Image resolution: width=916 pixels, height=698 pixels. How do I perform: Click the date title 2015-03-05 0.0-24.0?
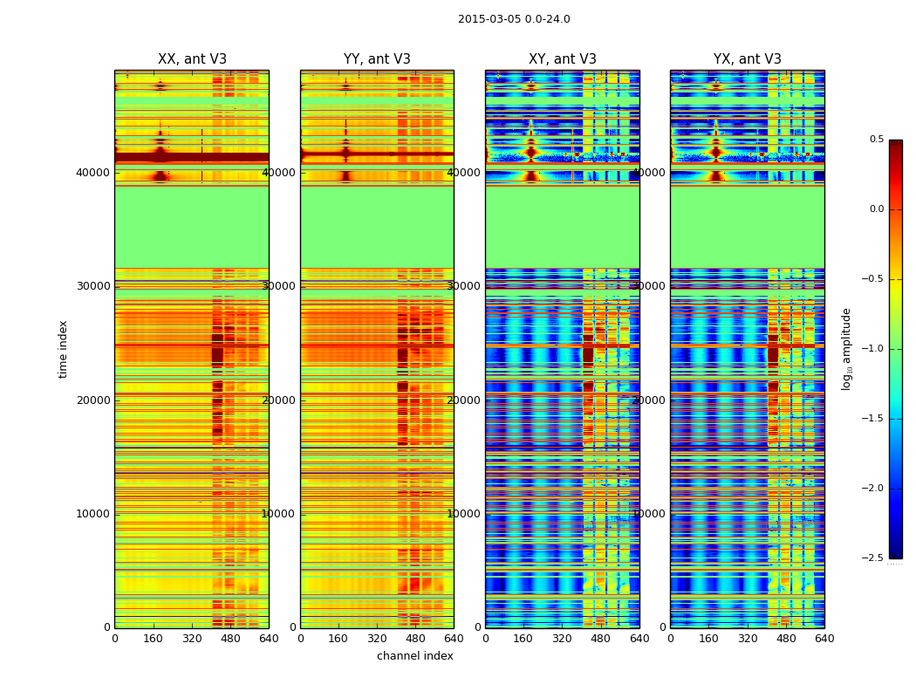(x=514, y=19)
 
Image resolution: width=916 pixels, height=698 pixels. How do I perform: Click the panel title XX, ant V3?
(x=192, y=59)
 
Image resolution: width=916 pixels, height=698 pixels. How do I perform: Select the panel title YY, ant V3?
(x=377, y=59)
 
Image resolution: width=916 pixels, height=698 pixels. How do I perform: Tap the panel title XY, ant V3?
(x=563, y=59)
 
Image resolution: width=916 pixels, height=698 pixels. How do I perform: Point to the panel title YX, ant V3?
(x=748, y=59)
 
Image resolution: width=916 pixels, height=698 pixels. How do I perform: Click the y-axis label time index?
(x=63, y=348)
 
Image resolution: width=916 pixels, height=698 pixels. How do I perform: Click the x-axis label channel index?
(x=414, y=656)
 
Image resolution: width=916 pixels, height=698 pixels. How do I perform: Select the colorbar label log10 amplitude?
(x=846, y=348)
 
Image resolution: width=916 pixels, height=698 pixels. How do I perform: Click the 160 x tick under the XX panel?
(x=154, y=639)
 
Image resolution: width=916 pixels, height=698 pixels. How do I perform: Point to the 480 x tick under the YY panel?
(x=415, y=639)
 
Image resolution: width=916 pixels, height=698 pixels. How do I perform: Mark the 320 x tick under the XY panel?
(x=563, y=639)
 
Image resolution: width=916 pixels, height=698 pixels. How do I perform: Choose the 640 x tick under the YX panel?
(x=824, y=639)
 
